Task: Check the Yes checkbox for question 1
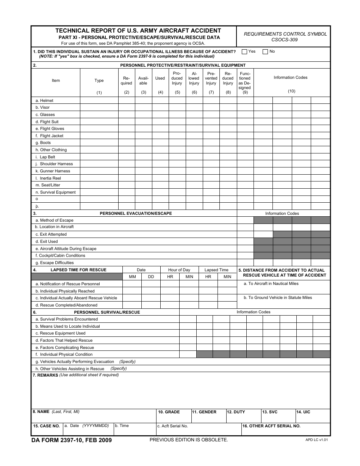point(244,52)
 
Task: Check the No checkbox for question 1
point(265,52)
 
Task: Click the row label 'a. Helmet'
point(44,100)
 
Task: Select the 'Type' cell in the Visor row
point(99,108)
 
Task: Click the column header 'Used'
point(160,78)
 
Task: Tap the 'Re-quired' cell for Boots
point(127,143)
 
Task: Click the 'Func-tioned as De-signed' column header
point(245,81)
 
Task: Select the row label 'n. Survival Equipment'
point(55,192)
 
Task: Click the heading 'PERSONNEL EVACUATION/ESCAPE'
point(136,213)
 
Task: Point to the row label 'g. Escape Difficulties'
point(55,263)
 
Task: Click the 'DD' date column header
point(151,277)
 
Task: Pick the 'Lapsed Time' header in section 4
point(216,270)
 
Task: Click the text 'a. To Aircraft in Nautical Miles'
point(271,283)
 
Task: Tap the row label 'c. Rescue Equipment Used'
point(60,333)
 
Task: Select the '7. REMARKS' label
point(45,375)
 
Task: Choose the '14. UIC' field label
point(303,412)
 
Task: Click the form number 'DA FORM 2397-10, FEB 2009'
point(72,440)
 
